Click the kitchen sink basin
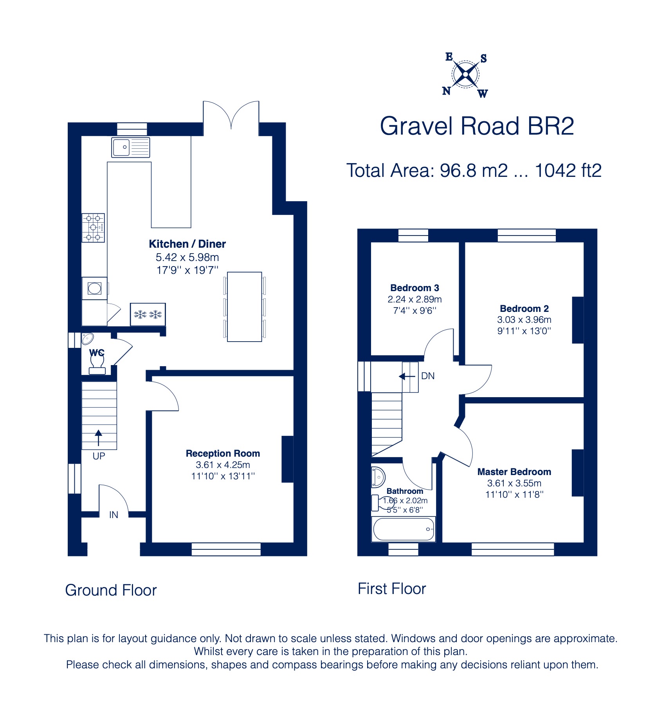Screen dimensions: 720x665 click(x=121, y=147)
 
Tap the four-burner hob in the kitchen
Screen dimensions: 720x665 click(x=93, y=228)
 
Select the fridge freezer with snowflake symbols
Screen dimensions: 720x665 click(x=148, y=314)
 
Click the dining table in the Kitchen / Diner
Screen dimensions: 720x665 click(x=244, y=307)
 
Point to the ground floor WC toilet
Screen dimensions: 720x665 click(x=97, y=364)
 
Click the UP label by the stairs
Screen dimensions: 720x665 click(x=99, y=456)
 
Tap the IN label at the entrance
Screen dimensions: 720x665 click(x=114, y=515)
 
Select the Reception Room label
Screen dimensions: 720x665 click(x=223, y=454)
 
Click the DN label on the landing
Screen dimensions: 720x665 click(x=428, y=376)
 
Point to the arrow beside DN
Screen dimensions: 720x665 click(x=407, y=376)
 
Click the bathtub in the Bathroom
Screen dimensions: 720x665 click(x=404, y=529)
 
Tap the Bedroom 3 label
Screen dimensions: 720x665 click(x=414, y=288)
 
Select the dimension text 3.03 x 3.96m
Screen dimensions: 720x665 click(x=524, y=320)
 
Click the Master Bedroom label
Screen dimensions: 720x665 click(x=514, y=472)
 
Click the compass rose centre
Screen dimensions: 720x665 click(x=465, y=74)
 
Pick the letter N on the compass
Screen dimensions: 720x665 click(x=446, y=91)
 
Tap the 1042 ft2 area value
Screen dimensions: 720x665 click(x=568, y=171)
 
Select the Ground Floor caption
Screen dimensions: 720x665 click(x=111, y=590)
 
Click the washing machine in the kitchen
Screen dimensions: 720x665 click(x=94, y=289)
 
